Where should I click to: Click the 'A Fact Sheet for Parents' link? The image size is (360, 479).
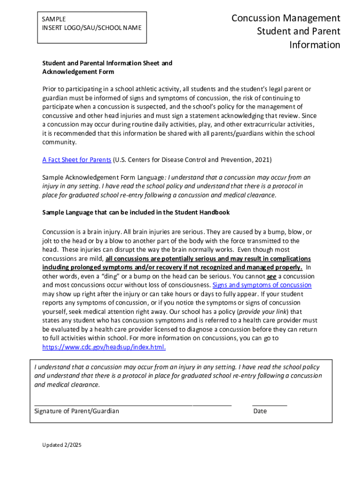coord(77,160)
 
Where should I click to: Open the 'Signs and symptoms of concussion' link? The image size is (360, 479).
coord(262,285)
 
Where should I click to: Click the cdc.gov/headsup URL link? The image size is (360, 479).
coord(104,348)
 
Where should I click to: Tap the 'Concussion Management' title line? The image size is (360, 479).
coord(286,18)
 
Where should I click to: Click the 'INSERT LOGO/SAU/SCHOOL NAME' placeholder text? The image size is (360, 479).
coord(92,28)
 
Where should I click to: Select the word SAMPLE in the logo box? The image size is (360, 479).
coord(54,19)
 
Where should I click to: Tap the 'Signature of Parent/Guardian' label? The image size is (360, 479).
coord(77,411)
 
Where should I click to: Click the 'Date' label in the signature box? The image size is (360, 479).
coord(260,411)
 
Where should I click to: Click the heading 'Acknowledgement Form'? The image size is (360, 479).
coord(78,72)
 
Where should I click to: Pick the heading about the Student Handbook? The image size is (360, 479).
coord(136,212)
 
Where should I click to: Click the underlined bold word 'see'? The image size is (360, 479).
coord(271,276)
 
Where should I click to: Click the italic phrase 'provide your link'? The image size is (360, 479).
coord(263,312)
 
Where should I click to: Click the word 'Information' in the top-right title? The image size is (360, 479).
coord(315,45)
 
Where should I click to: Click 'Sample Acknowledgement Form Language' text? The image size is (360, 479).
coord(103,178)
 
